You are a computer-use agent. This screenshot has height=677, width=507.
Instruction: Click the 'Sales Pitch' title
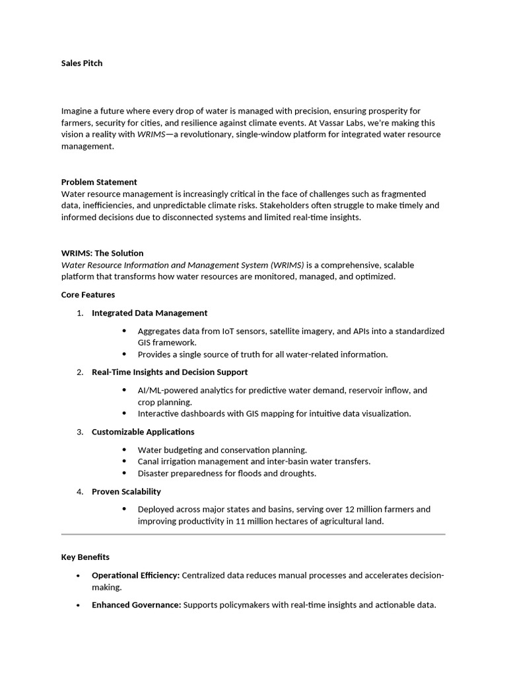(82, 63)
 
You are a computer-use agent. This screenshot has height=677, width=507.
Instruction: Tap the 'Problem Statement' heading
(99, 182)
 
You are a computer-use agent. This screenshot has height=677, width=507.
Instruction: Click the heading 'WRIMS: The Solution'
(102, 253)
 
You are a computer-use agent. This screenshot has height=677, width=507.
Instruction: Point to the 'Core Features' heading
(88, 295)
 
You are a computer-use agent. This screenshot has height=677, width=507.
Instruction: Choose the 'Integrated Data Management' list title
(149, 313)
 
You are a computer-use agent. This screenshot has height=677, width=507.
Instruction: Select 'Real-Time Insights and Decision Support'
(170, 372)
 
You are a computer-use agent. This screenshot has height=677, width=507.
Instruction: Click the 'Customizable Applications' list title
(143, 432)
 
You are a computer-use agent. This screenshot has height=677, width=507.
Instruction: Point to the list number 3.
(79, 432)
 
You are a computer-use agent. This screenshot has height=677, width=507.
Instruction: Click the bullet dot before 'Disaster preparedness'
(125, 473)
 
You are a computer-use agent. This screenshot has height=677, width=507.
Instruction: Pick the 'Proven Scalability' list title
(126, 491)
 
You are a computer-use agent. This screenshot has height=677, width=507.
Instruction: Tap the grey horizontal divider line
(253, 534)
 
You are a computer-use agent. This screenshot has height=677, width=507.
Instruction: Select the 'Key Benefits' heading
(85, 557)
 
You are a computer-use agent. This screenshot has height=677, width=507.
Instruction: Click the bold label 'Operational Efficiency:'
(135, 576)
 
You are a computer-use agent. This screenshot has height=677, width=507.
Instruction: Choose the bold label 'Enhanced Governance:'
(136, 605)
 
